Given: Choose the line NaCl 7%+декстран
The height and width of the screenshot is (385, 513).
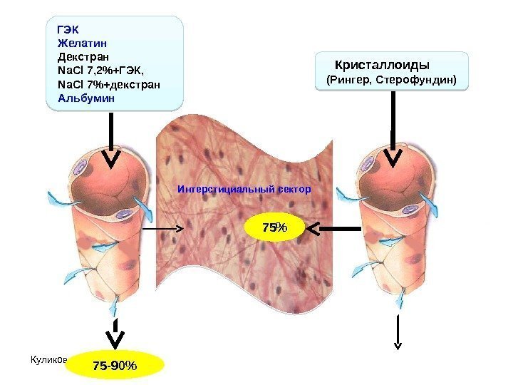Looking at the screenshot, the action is (x=108, y=85).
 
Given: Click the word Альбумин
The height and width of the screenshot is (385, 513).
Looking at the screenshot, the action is (x=85, y=98).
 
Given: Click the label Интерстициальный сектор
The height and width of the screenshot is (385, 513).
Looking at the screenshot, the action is (x=244, y=190).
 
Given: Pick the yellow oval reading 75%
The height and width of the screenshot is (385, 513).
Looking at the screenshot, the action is (x=274, y=227).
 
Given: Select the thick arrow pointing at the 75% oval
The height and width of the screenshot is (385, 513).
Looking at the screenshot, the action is (x=335, y=228).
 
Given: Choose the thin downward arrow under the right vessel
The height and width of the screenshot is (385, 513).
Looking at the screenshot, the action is (x=398, y=331).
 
